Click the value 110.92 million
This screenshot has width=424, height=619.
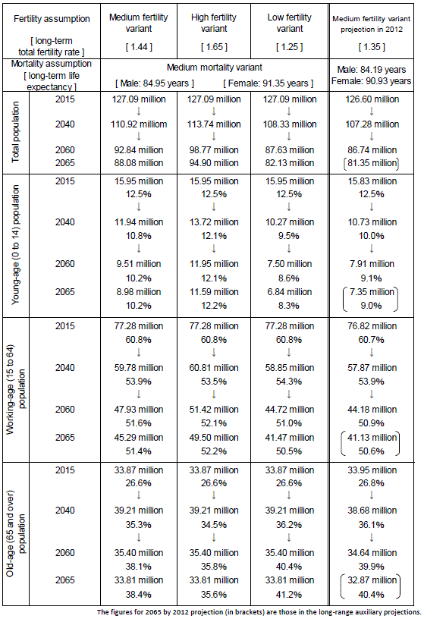tap(139, 124)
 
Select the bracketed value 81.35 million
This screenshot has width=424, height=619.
tap(372, 163)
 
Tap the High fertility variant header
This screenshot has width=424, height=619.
tap(214, 23)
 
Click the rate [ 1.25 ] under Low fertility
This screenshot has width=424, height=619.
tap(290, 47)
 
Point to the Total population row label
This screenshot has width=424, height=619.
tap(15, 132)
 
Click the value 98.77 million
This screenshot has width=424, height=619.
tap(214, 150)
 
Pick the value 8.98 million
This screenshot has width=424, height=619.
tap(139, 292)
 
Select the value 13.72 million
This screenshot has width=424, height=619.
tap(214, 222)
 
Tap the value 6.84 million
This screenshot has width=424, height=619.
tap(290, 292)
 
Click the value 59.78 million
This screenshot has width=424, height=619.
tap(139, 368)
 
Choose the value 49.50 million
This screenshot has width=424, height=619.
tap(214, 438)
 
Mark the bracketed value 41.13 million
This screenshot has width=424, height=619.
tap(372, 438)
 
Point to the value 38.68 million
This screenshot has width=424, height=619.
tap(372, 511)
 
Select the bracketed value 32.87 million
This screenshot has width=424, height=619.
tap(372, 580)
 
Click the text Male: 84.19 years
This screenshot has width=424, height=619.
tap(372, 70)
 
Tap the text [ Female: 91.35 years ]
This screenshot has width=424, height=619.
tap(268, 83)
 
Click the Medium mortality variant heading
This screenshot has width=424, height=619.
tap(215, 68)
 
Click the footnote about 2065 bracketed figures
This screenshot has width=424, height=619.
tap(259, 612)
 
